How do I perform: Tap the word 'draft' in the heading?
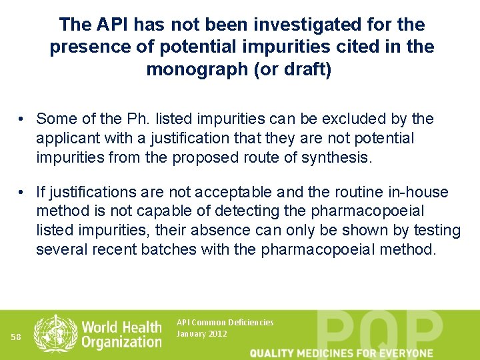pos(303,69)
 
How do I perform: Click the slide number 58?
pos(17,337)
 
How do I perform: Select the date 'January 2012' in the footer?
pos(201,333)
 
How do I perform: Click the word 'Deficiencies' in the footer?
pos(250,323)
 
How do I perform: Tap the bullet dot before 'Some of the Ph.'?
pos(23,119)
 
